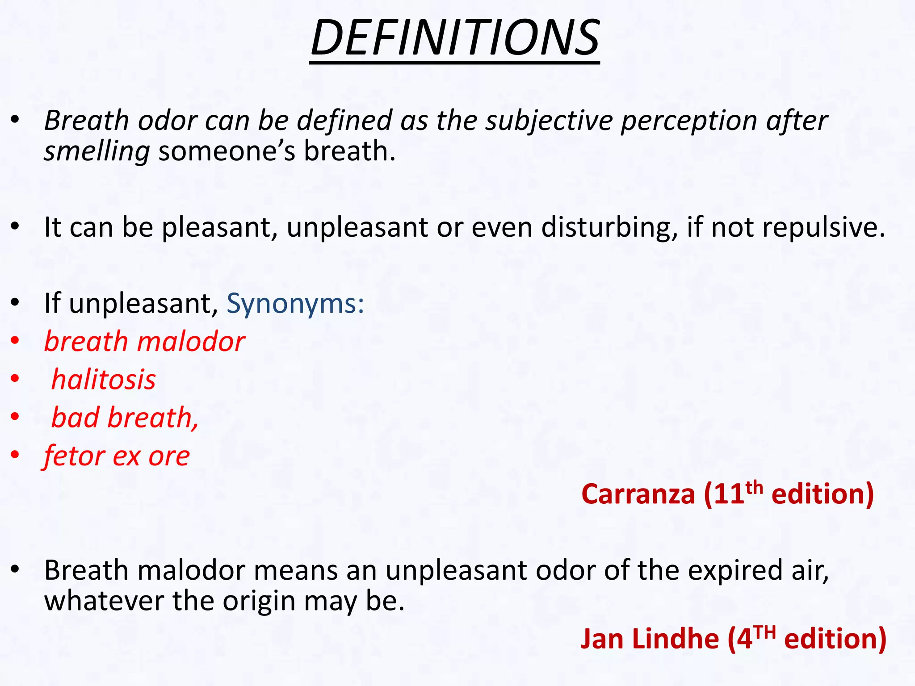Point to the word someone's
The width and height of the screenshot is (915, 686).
[x=227, y=151]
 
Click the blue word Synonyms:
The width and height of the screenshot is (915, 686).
[x=295, y=304]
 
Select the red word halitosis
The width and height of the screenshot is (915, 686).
[x=104, y=380]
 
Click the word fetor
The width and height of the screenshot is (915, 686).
[x=75, y=456]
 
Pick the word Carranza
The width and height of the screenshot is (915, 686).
[x=638, y=495]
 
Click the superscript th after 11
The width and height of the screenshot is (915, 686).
[x=754, y=487]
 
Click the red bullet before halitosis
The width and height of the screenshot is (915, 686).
[x=15, y=379]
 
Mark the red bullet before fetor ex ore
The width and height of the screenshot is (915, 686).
[x=15, y=455]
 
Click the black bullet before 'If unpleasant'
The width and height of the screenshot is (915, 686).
[x=15, y=303]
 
